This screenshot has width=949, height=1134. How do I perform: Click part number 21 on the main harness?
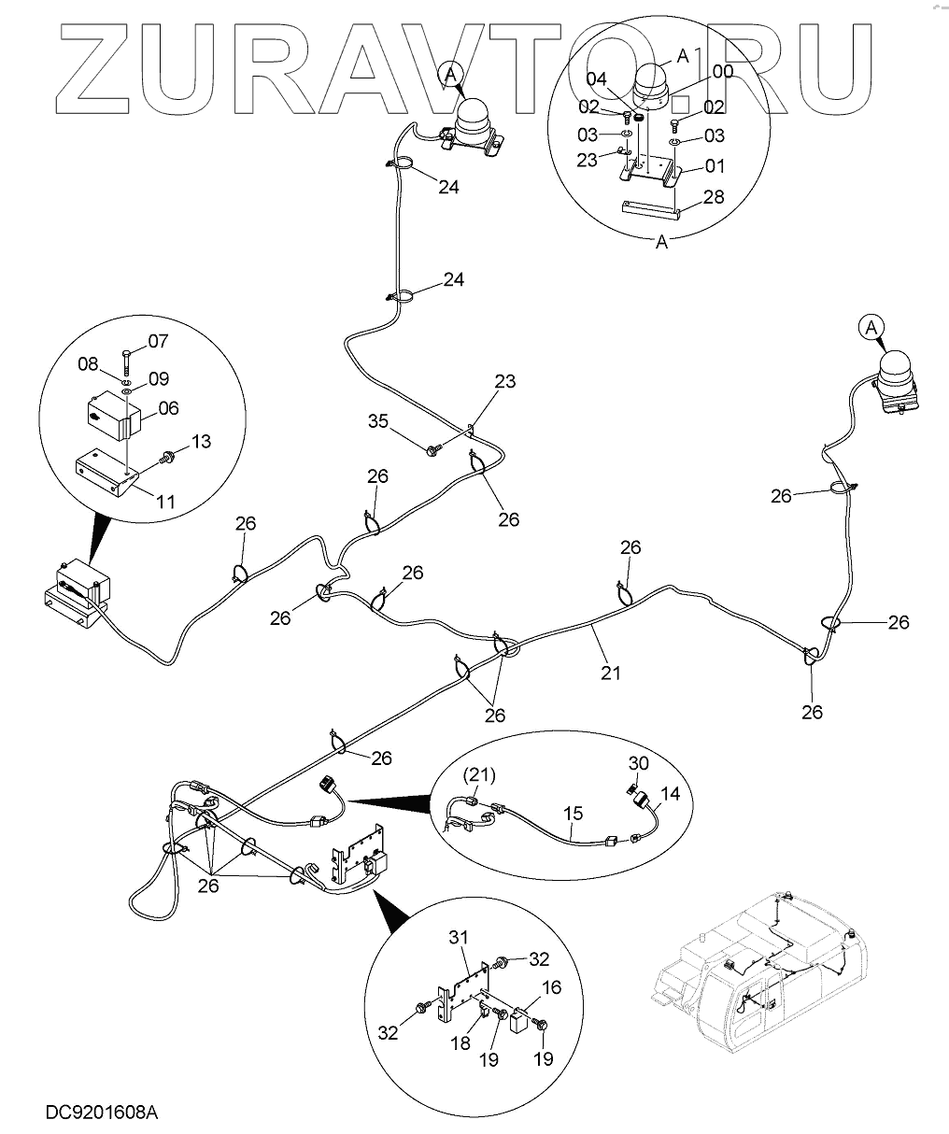pyautogui.click(x=610, y=671)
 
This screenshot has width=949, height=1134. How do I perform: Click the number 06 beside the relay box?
pyautogui.click(x=169, y=407)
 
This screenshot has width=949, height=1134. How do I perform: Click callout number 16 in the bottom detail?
pyautogui.click(x=551, y=987)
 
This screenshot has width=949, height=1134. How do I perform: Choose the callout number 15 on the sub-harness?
pyautogui.click(x=574, y=814)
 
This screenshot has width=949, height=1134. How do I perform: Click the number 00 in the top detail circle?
pyautogui.click(x=723, y=71)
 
